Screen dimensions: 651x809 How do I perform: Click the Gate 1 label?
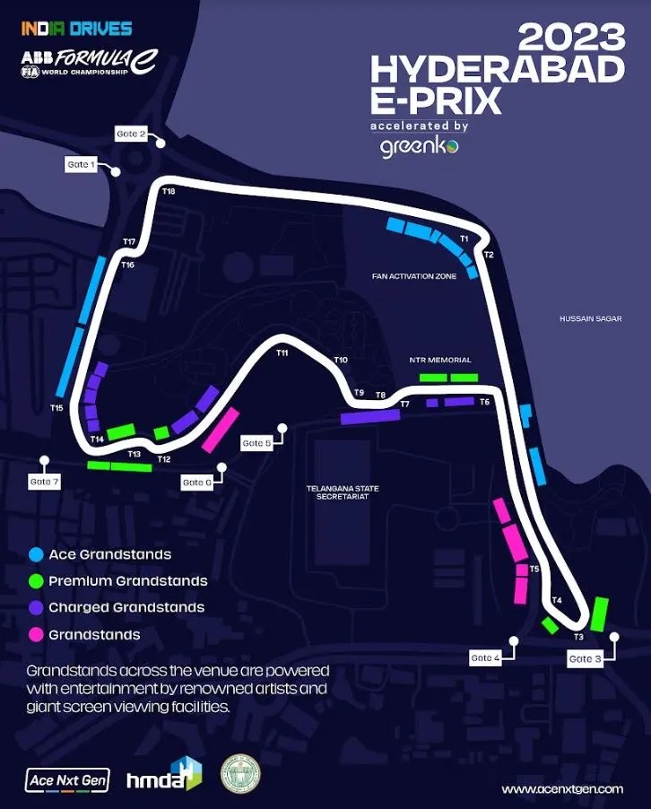click(x=79, y=164)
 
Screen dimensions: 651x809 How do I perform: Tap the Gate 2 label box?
click(x=131, y=134)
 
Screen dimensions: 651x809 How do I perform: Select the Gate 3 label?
click(x=586, y=659)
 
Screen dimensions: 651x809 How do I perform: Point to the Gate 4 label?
click(x=485, y=658)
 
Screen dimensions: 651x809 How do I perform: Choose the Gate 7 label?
click(x=44, y=482)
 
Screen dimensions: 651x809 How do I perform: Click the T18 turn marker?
click(x=169, y=192)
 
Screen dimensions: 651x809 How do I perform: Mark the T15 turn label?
click(x=56, y=408)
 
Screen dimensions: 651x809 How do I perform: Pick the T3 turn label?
click(x=578, y=636)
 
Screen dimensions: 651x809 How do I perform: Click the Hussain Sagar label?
click(x=590, y=318)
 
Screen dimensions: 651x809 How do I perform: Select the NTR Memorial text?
click(x=439, y=360)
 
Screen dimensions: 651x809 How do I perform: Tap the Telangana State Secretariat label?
click(x=343, y=492)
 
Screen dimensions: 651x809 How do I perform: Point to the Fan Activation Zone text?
click(x=414, y=276)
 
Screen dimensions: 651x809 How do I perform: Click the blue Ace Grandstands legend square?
click(x=36, y=554)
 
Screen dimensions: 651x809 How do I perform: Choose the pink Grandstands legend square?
click(x=36, y=634)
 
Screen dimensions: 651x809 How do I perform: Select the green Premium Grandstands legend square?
click(x=36, y=581)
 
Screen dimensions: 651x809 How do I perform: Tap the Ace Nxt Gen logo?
click(x=68, y=780)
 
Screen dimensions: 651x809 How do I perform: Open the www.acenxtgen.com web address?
click(x=562, y=788)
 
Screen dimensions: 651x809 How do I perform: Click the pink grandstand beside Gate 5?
click(x=221, y=430)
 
